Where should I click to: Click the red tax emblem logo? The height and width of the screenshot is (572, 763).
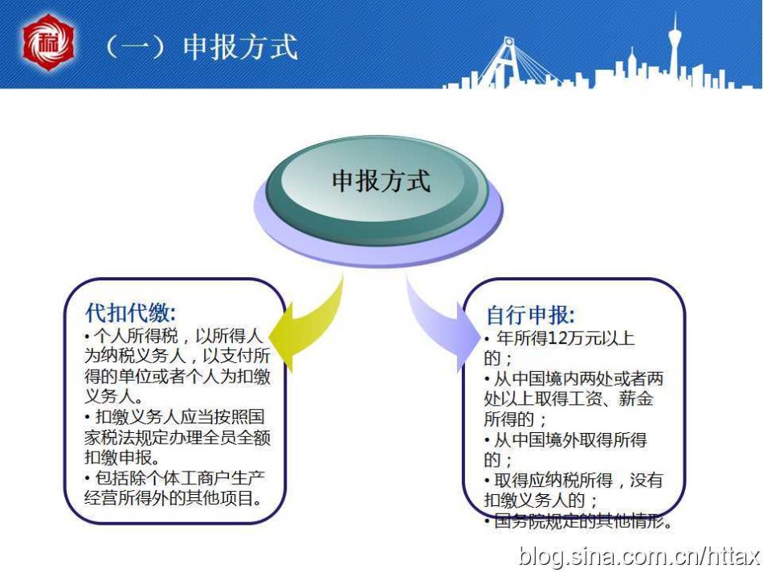pos(48,43)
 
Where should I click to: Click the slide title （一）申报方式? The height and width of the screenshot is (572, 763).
pos(201,47)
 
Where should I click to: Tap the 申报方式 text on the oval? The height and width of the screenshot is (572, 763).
pos(381,181)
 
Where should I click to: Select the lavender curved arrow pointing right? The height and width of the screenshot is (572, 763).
pos(440,323)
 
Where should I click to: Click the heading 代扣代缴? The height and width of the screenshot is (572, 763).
pos(131,313)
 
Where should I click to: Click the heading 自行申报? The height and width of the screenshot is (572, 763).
pos(531,315)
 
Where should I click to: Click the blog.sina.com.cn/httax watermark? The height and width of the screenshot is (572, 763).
pos(639,556)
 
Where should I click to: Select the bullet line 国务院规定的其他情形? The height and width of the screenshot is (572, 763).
pos(579,521)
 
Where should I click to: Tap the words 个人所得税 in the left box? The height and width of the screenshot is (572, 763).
pos(137,336)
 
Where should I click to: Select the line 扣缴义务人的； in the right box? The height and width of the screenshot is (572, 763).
pos(541,500)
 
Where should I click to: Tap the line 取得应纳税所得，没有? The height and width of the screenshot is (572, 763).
pos(574,480)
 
